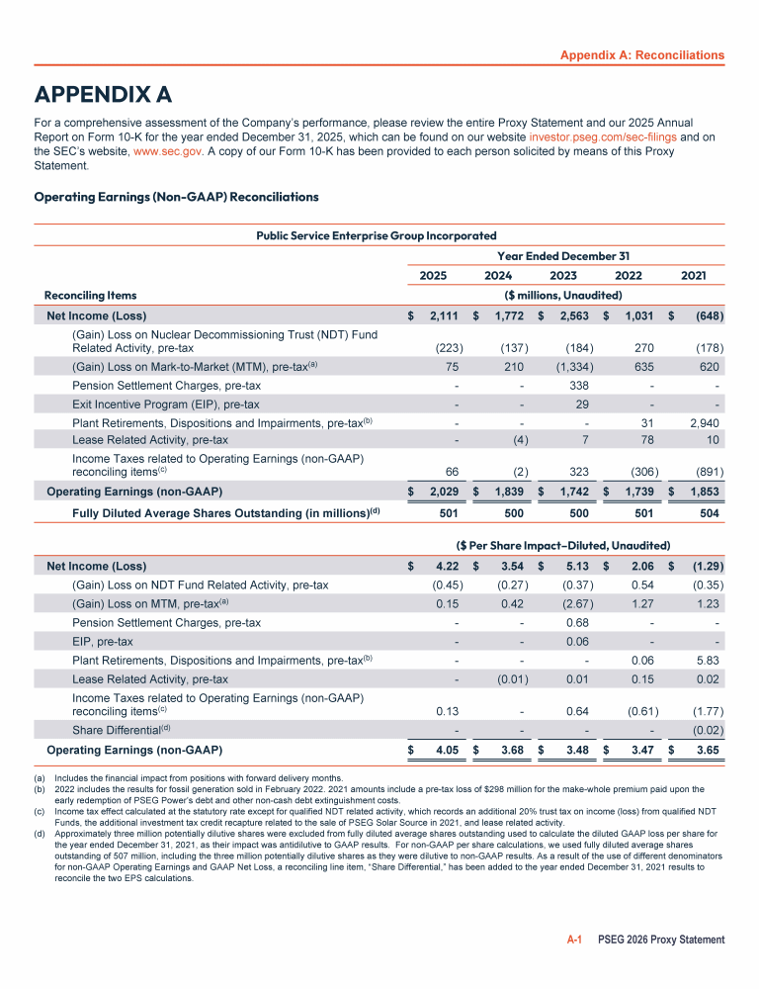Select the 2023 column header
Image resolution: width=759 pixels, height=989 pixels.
562,275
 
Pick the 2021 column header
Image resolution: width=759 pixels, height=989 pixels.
693,275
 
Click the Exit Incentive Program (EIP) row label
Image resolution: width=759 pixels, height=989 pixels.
165,404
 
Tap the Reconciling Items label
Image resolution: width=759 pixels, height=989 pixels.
90,295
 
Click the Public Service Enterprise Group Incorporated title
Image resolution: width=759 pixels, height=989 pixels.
377,235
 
